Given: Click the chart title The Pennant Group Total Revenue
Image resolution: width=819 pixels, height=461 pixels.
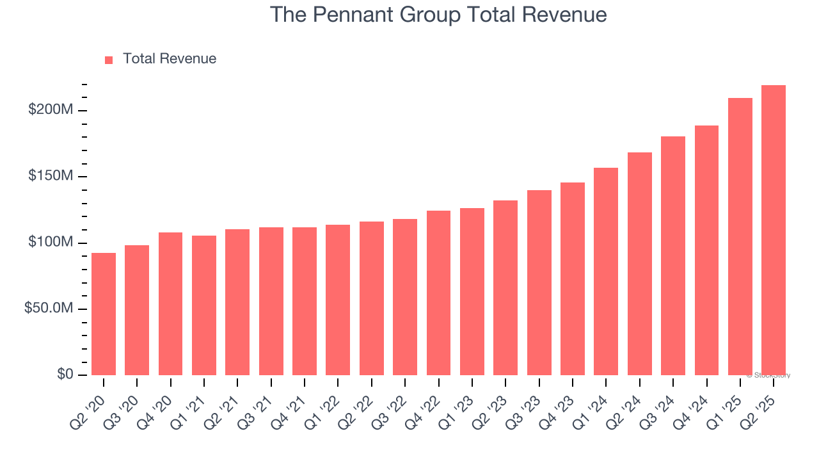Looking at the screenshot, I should (438, 14).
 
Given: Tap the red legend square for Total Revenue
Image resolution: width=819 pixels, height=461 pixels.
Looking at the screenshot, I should (109, 60).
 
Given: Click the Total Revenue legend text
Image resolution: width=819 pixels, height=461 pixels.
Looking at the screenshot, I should (170, 59).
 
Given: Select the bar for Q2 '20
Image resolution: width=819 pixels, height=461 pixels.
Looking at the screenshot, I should (104, 314).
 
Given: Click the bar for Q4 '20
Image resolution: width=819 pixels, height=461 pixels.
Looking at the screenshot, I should (170, 304).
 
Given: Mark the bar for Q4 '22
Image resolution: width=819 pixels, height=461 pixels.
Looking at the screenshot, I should (438, 293).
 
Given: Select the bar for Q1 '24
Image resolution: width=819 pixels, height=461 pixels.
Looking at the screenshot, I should (606, 271).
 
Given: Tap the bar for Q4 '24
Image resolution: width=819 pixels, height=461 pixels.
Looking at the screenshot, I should (706, 250).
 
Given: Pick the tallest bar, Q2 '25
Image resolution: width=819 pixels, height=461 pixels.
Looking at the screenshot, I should (773, 230).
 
